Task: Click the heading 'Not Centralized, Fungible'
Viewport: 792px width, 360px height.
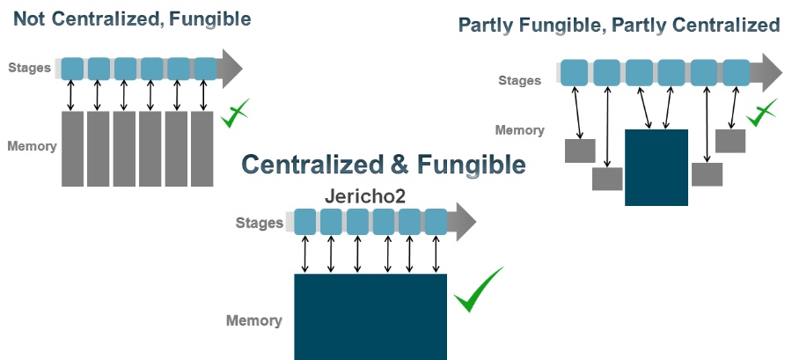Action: (x=132, y=18)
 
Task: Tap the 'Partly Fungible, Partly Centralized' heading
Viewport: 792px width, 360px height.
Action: (x=619, y=26)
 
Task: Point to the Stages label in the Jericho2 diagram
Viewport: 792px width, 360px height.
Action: (x=260, y=223)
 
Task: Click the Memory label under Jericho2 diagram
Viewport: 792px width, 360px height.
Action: (x=254, y=320)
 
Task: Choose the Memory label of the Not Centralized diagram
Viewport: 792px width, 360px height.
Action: (x=33, y=146)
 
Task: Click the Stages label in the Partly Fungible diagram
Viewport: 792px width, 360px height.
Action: (x=519, y=80)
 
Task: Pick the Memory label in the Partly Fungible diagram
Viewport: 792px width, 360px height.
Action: (x=520, y=130)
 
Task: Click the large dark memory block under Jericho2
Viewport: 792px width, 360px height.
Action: (x=370, y=316)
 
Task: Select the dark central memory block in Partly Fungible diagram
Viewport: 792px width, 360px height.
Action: (x=656, y=167)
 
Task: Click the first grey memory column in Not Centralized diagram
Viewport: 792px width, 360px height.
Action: (x=72, y=149)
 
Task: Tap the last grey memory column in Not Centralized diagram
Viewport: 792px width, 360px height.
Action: (x=202, y=149)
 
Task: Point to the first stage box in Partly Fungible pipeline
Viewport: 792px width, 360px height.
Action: (x=575, y=71)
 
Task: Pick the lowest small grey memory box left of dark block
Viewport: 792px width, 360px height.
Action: (x=607, y=179)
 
